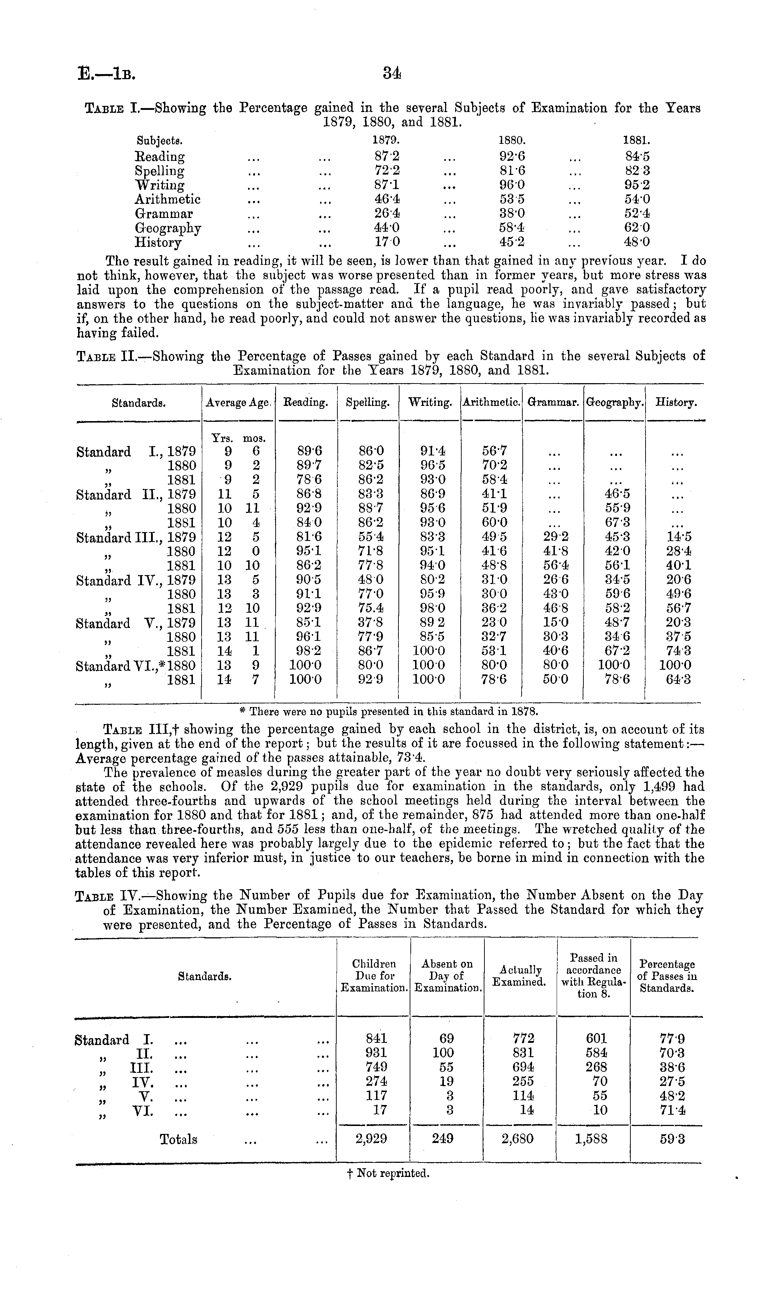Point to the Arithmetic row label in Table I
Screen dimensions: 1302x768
point(167,199)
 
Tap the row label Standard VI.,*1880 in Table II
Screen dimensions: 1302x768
point(135,665)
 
